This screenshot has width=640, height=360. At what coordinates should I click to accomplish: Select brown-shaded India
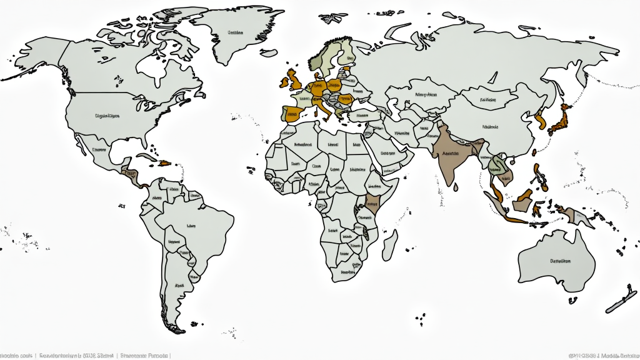tap(451, 156)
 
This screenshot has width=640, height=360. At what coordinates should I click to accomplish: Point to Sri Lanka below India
tap(457, 186)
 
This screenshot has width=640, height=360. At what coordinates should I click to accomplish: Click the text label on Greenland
tap(235, 32)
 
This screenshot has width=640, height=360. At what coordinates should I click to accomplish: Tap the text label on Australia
tap(560, 261)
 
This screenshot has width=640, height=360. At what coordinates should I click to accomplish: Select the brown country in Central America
tap(130, 174)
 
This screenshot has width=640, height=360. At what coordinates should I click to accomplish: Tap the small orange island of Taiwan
tap(534, 151)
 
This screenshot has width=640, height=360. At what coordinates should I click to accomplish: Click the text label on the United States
tap(107, 116)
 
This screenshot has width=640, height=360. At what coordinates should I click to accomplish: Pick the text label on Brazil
tap(191, 226)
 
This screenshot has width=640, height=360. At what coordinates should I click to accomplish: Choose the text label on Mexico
tap(99, 150)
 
